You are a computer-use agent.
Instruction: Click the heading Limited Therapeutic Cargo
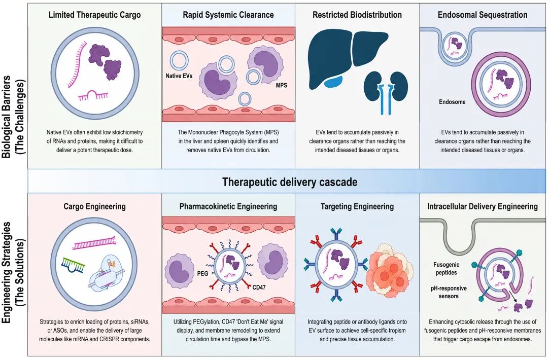point(95,15)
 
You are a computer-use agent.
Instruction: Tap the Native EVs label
point(179,76)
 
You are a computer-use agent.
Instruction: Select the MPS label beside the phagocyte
point(281,85)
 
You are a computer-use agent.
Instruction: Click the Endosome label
point(452,102)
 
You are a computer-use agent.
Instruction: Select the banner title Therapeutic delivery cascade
point(290,182)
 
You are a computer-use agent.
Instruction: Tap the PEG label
point(202,273)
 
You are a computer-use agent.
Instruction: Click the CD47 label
point(259,287)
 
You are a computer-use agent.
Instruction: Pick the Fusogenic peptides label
point(447,269)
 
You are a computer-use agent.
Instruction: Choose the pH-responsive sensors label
point(449,292)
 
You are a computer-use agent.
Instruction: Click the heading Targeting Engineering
point(357,206)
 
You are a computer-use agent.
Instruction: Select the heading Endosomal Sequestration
point(483,15)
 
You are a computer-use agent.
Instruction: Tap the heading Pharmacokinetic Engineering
point(228,206)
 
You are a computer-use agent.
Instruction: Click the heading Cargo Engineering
point(94,206)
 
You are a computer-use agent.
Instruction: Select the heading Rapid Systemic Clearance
point(228,15)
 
